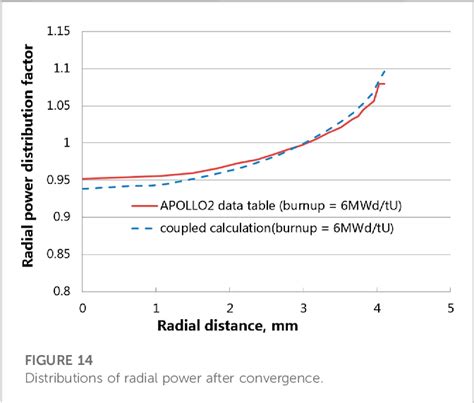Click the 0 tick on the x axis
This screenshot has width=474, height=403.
(x=83, y=307)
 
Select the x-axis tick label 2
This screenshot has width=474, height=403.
(x=230, y=307)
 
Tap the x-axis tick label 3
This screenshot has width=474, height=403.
(x=304, y=307)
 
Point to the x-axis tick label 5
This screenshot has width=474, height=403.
(x=451, y=307)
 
